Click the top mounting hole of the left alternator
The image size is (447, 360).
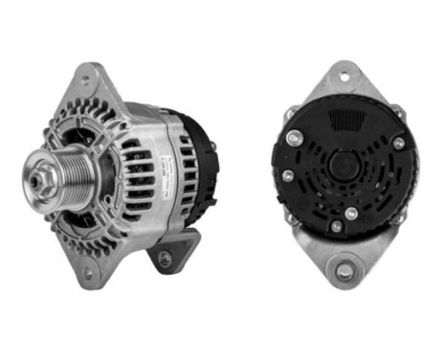pyautogui.click(x=88, y=79)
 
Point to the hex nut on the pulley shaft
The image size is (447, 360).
pyautogui.click(x=47, y=176)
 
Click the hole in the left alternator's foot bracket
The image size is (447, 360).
pyautogui.click(x=166, y=259)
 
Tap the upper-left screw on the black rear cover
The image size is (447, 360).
pyautogui.click(x=292, y=138)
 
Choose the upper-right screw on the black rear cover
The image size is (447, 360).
pyautogui.click(x=396, y=144)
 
